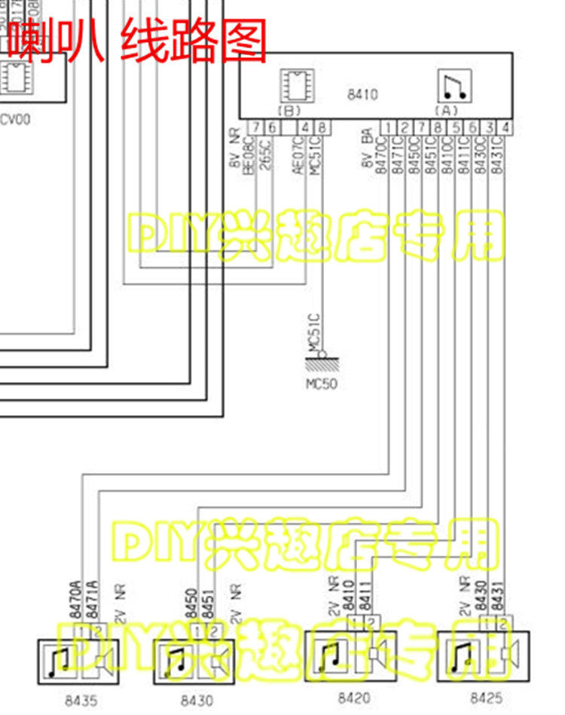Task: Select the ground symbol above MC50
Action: click(x=322, y=362)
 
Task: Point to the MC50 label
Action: click(x=322, y=383)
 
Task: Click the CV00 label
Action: click(x=16, y=118)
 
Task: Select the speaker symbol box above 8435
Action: click(x=75, y=662)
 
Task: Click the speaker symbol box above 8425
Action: click(x=483, y=655)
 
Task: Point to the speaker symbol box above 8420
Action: click(x=351, y=655)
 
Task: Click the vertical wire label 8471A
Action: click(x=93, y=600)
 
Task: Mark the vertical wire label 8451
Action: click(x=209, y=604)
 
